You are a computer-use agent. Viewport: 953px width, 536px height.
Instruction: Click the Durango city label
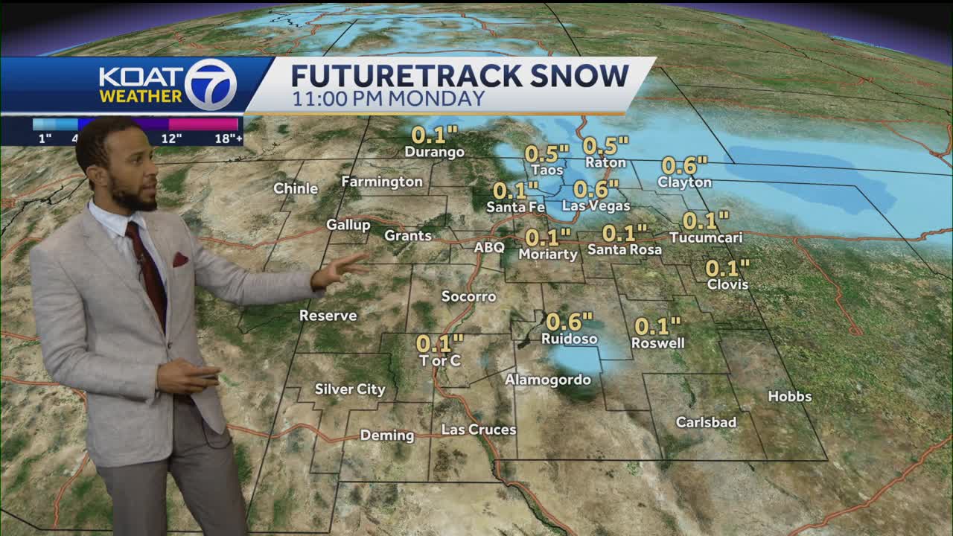pos(434,152)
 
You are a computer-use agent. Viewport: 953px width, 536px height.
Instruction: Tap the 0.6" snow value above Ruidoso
pos(570,322)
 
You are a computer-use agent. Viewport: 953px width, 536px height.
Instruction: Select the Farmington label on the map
pos(382,182)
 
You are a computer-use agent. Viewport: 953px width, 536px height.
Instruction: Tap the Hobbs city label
pos(789,397)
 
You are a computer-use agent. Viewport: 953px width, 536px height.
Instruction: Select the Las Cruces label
pos(478,430)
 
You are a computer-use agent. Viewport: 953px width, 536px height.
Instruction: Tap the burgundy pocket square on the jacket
pos(180,259)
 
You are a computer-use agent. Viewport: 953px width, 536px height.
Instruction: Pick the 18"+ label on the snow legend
pos(228,138)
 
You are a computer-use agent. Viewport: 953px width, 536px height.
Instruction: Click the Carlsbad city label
pos(706,422)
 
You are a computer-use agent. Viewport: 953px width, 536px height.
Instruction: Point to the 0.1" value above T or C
pos(439,343)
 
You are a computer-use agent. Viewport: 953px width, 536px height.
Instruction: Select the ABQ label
pos(489,247)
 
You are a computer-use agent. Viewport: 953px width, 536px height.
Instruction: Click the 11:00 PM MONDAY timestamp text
pos(388,98)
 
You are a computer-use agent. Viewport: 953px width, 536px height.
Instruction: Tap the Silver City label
pos(350,389)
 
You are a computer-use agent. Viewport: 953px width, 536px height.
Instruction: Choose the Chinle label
pos(296,188)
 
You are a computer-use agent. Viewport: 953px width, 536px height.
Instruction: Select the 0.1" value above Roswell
pos(657,326)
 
